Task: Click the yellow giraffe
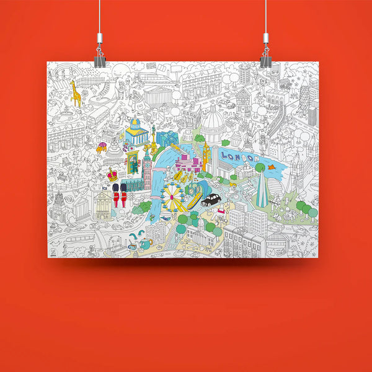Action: pos(75,92)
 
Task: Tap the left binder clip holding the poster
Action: pos(100,60)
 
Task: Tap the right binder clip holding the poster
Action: pos(265,60)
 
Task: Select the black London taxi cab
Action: pos(211,200)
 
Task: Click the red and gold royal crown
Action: pos(113,175)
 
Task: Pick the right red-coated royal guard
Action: pos(123,195)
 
